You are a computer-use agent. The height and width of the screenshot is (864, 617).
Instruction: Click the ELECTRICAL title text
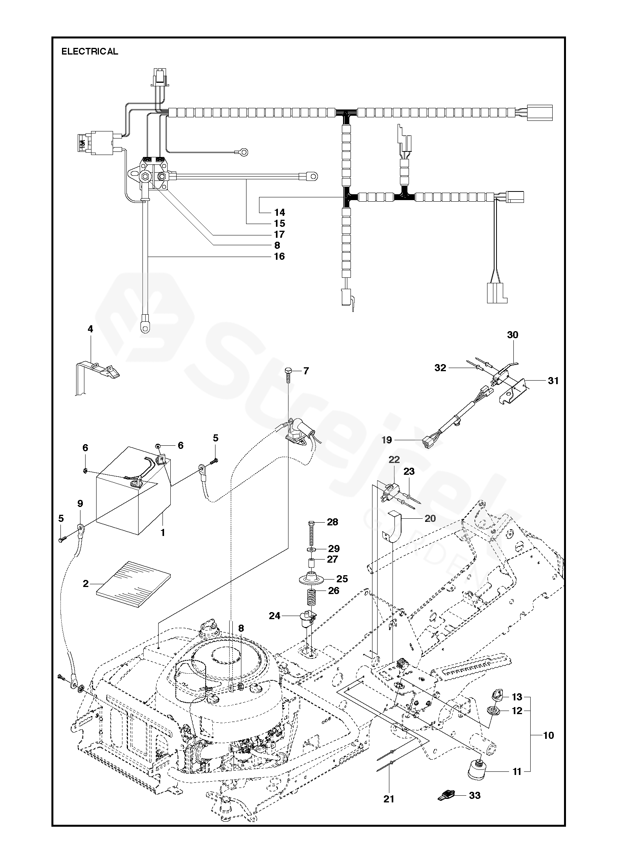(x=90, y=51)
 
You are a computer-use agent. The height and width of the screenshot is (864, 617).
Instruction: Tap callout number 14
(x=280, y=212)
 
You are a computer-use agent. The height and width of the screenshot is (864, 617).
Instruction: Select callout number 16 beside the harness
(x=280, y=256)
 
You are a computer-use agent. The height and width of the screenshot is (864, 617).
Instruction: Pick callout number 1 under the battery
(x=163, y=533)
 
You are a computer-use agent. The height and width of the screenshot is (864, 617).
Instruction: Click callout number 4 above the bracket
(x=91, y=329)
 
